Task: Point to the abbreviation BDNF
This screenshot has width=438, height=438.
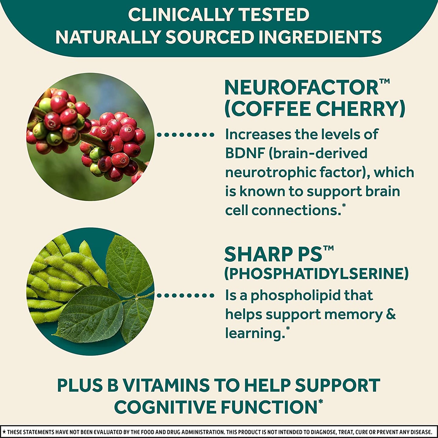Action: point(245,153)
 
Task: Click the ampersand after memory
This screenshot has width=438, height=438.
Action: point(391,314)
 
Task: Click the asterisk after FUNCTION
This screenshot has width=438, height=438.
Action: point(320,402)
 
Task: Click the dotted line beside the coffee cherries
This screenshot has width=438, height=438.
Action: point(186,135)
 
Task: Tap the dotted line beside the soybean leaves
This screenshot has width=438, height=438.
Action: point(186,295)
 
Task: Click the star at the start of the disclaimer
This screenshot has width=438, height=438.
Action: point(4,432)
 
